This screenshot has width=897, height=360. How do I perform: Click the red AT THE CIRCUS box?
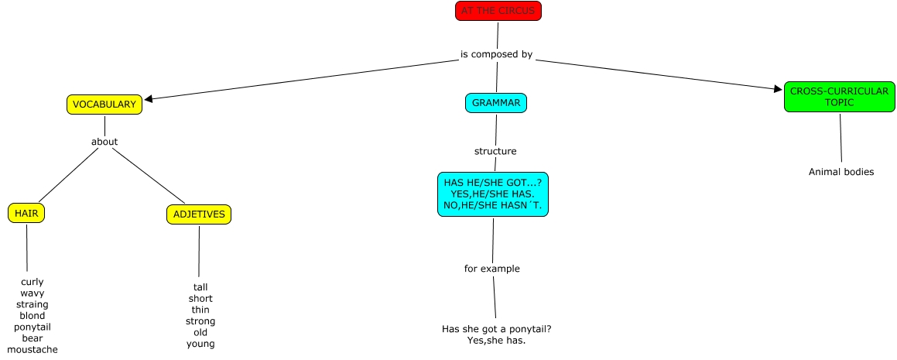point(498,11)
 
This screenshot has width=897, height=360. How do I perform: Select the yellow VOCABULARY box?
point(104,105)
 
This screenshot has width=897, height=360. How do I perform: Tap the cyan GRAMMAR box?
point(496,103)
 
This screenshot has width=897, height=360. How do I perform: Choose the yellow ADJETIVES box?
point(199,214)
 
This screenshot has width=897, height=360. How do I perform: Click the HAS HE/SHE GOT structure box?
point(492,194)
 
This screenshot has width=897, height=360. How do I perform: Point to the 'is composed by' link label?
point(496,54)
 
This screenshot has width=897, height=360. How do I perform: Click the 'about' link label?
point(104,142)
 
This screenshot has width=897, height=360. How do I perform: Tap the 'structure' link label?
point(495,151)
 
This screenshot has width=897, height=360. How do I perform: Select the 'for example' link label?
point(492,269)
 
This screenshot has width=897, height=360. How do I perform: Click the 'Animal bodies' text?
point(841,172)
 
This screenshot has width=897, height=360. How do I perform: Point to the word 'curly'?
point(33,282)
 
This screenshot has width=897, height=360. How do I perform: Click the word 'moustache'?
point(33,350)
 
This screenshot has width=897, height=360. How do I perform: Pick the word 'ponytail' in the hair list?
point(33,327)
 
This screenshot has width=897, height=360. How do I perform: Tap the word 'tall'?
point(200,287)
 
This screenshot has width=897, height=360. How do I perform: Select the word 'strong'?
point(200,321)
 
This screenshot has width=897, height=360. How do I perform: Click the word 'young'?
point(200,344)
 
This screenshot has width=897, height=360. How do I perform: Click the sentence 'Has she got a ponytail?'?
point(496,329)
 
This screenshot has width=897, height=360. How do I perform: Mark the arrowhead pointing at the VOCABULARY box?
point(149,98)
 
